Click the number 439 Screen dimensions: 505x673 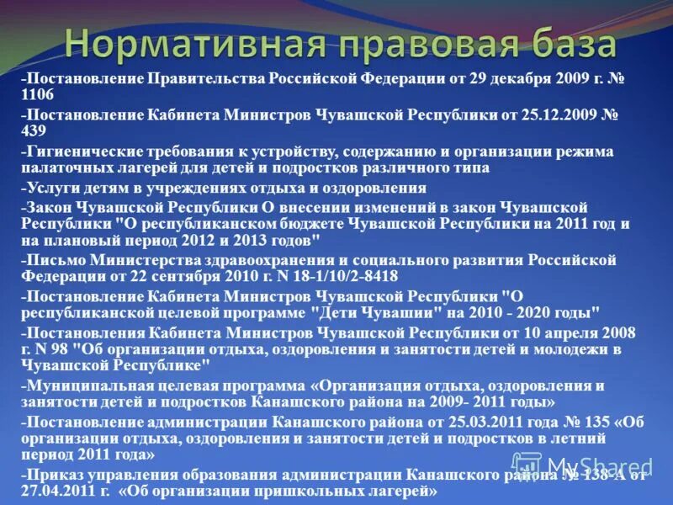pyautogui.click(x=34, y=131)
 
